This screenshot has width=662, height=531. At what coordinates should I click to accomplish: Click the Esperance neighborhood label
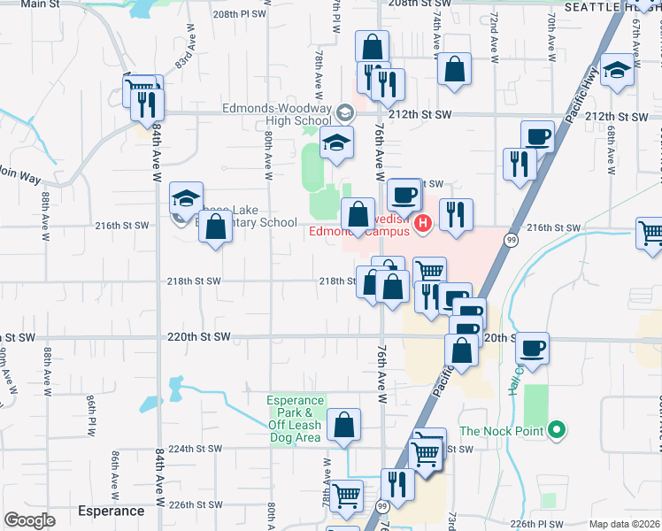click(x=111, y=511)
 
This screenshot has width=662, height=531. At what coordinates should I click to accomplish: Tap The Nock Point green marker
click(x=556, y=432)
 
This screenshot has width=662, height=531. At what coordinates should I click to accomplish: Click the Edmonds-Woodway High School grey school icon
click(x=344, y=112)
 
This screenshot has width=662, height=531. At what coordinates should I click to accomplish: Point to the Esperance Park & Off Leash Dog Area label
click(x=295, y=419)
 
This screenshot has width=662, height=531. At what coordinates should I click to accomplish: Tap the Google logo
click(x=29, y=520)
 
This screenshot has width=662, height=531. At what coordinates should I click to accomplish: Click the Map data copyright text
click(x=625, y=524)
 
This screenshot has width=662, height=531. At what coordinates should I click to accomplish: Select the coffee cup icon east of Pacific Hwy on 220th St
click(x=532, y=347)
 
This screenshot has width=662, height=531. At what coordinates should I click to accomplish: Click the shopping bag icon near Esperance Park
click(x=343, y=424)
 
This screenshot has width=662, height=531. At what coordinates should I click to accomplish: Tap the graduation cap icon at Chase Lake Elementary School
click(x=186, y=198)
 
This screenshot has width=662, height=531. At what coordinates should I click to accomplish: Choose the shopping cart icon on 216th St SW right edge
click(x=650, y=232)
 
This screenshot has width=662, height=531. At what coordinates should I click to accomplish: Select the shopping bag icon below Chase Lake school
click(x=215, y=227)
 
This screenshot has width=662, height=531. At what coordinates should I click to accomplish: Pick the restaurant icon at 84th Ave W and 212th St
click(x=147, y=104)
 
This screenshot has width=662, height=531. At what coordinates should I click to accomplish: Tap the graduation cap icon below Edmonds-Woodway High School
click(x=336, y=142)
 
